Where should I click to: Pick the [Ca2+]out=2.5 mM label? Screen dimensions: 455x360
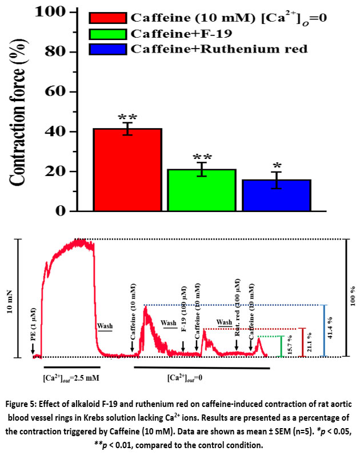[71, 377]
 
